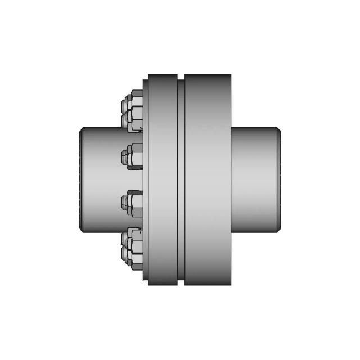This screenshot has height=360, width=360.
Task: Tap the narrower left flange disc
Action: [x=163, y=179]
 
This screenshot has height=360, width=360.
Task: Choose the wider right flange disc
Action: [x=208, y=179]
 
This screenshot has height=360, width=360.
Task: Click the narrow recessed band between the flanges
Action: [x=181, y=179]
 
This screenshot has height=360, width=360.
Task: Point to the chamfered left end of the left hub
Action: [x=81, y=179]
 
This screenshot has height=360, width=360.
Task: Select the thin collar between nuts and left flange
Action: [x=145, y=179]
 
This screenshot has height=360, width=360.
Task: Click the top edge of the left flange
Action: [x=163, y=75]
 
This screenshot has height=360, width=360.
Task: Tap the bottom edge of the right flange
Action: [x=208, y=284]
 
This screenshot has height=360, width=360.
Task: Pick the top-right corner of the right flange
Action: [x=231, y=75]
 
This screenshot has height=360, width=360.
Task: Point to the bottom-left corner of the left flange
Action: [x=149, y=284]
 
